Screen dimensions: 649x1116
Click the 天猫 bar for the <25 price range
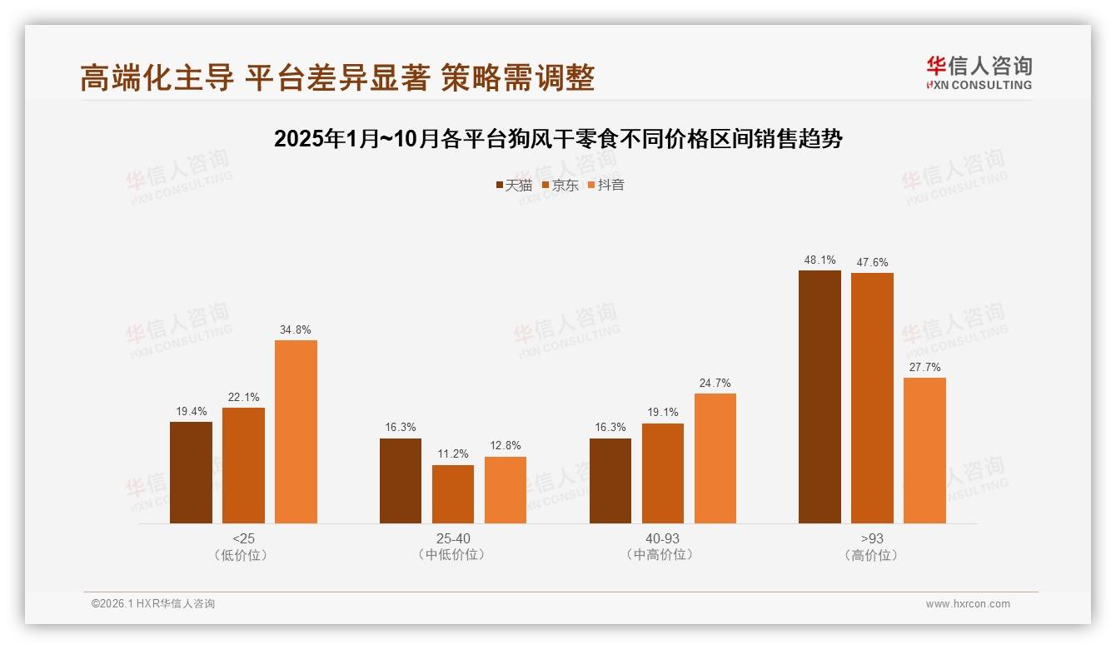click(191, 473)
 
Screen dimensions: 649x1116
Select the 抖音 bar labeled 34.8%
click(296, 432)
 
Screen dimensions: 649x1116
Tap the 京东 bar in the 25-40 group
click(453, 494)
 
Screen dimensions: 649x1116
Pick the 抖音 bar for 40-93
click(715, 458)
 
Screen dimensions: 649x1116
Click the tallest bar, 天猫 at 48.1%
click(820, 397)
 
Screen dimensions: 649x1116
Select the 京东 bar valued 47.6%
click(872, 399)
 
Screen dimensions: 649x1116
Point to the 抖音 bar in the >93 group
click(924, 450)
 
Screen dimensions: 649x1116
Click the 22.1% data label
click(243, 397)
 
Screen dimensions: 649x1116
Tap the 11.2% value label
click(453, 454)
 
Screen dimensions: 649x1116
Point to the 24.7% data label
click(715, 383)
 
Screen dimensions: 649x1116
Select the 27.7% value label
click(924, 367)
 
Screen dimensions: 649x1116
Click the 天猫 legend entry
click(513, 185)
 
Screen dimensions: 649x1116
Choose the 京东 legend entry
click(560, 185)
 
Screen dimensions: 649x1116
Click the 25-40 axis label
click(453, 538)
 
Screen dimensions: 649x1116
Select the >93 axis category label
click(872, 538)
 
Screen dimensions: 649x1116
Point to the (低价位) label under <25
click(243, 555)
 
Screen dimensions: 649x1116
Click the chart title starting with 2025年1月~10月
click(558, 138)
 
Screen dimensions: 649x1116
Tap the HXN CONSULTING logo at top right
click(979, 73)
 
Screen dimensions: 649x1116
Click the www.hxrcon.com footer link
click(968, 604)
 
